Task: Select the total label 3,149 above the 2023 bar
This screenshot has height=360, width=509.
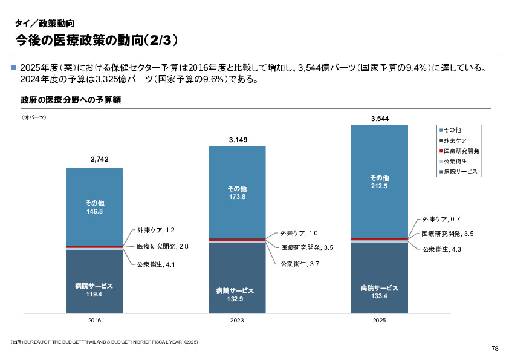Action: (x=238, y=140)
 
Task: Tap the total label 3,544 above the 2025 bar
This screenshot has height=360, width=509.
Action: (x=380, y=119)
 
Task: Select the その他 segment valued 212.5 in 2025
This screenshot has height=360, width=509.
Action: (x=380, y=182)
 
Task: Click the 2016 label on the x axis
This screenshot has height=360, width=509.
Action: (x=95, y=320)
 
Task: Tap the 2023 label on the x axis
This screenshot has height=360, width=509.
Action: (x=238, y=320)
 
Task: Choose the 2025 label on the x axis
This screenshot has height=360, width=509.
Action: (x=380, y=320)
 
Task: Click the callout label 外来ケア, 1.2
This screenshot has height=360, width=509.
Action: (x=155, y=231)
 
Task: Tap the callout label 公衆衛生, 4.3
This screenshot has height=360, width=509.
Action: (x=441, y=249)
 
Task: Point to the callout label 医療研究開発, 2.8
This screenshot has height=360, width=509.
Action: (x=163, y=247)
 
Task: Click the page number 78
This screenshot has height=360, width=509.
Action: (x=494, y=349)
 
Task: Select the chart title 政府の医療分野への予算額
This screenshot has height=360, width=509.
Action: (x=71, y=100)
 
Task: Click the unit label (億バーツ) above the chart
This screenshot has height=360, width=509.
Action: (x=34, y=117)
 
